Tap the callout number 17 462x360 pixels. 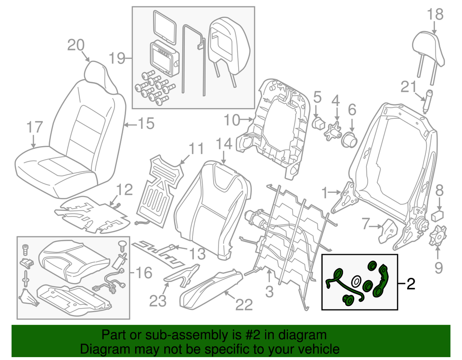click(x=35, y=128)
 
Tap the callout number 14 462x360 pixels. click(x=224, y=143)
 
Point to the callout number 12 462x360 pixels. click(x=124, y=191)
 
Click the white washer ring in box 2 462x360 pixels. click(x=357, y=282)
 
